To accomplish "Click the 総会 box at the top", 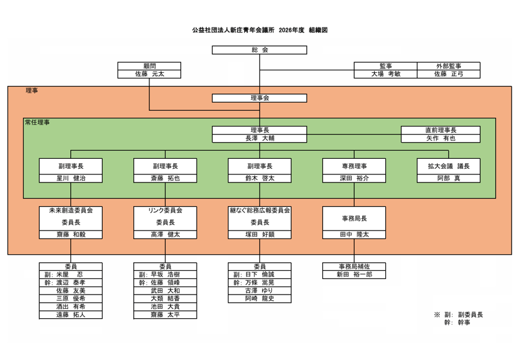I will coord(260,49).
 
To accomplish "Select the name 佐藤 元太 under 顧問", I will coord(149,73).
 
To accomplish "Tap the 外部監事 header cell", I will coord(448,65).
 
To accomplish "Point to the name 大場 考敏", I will coord(386,73).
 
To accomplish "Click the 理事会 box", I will coord(260,98).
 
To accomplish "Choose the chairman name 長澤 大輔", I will coord(260,138).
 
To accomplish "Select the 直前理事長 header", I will coord(440,130).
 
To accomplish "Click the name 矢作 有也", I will coord(440,138).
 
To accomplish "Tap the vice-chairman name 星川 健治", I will coord(70,178).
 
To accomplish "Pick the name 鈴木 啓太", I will coord(260,178).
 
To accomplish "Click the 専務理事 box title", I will coord(354,166).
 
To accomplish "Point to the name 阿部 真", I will coord(448,178).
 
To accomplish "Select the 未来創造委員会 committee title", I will coord(70,211).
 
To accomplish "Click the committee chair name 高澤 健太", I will coord(165,235).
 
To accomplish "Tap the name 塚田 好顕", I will coord(260,235).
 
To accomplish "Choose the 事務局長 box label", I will coord(354,219).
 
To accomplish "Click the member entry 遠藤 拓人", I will coord(70,315).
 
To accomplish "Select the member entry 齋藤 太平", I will coord(165,315).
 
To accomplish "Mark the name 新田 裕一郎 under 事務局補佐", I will coord(354,274).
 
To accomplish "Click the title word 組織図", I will coord(318,29).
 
